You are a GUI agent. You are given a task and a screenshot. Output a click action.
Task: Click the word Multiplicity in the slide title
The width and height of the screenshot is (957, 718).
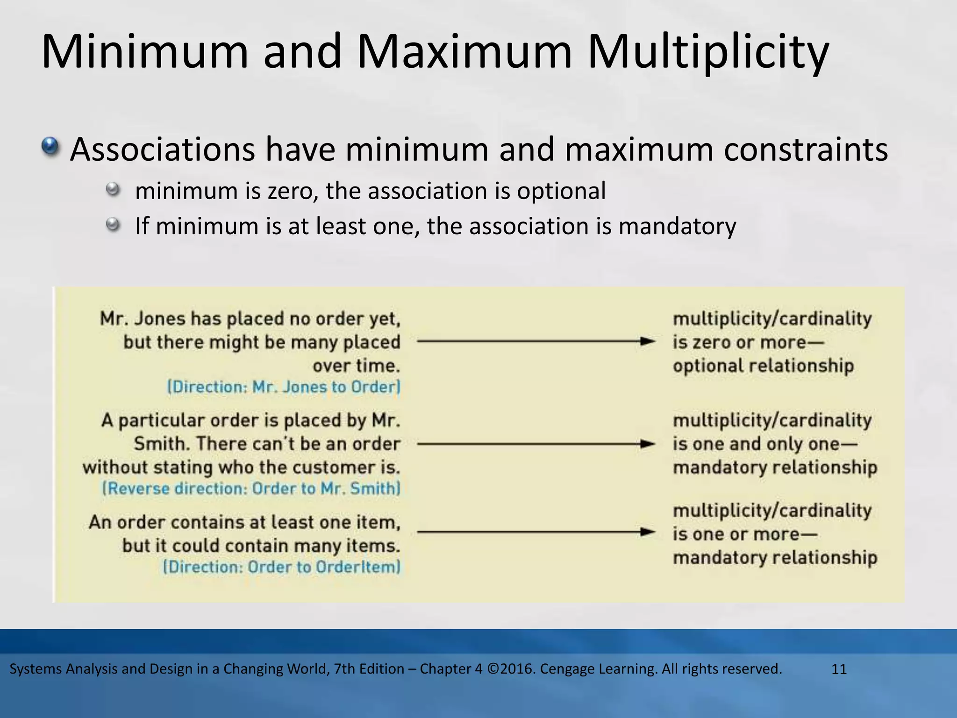point(708,52)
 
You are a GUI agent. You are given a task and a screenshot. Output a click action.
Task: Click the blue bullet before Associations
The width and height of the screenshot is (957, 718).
point(50,147)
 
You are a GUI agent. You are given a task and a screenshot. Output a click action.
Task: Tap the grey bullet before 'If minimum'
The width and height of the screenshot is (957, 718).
point(113,225)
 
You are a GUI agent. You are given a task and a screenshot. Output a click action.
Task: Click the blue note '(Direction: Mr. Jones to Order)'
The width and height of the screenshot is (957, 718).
point(284,387)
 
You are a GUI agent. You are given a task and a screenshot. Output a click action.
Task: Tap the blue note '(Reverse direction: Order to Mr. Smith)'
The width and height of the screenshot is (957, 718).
point(251,488)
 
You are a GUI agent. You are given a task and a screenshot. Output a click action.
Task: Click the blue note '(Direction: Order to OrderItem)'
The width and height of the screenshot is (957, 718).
point(282,567)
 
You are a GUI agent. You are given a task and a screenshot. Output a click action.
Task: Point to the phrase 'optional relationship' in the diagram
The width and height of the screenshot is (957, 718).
point(763,366)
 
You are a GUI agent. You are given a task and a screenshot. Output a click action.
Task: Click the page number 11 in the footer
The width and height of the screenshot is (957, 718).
point(839,669)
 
